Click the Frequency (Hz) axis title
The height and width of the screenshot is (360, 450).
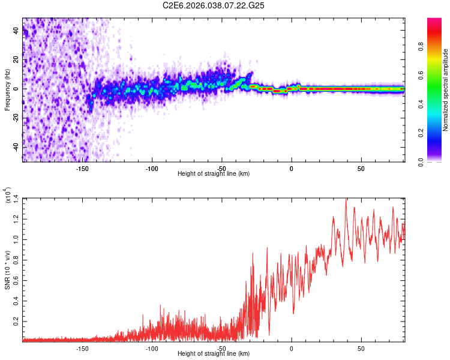pos(7,89)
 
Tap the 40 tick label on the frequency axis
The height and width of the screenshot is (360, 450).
pos(16,31)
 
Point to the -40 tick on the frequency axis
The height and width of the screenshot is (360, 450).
pos(16,147)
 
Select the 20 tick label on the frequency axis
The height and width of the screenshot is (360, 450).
pos(16,60)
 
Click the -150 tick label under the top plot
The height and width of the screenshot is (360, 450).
pos(82,168)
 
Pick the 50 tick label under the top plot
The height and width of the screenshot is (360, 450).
pos(361,168)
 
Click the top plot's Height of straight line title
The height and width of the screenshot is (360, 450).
pos(214,173)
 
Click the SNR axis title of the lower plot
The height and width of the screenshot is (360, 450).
pos(7,271)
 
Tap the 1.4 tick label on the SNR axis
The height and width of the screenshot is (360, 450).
pos(16,198)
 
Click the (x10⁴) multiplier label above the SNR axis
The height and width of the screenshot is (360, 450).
pos(7,196)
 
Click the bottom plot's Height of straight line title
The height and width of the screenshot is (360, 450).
pos(214,353)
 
